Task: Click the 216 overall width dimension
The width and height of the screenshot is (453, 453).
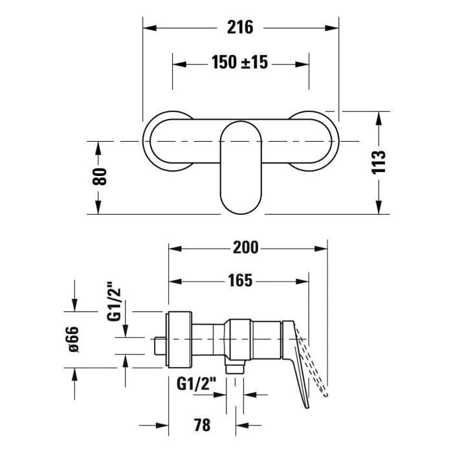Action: (240, 27)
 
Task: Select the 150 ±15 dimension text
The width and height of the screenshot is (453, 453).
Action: (239, 63)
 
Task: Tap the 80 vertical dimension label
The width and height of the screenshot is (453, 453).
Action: (99, 177)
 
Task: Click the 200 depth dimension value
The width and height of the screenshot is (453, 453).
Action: (246, 247)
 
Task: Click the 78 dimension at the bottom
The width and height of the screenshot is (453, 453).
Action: (202, 425)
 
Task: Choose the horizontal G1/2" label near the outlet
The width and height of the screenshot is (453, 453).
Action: (197, 384)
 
